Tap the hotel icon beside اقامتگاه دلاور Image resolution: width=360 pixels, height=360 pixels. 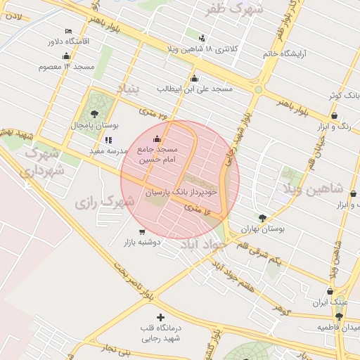[68, 32]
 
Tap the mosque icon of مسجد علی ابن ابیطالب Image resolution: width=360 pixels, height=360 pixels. [194, 79]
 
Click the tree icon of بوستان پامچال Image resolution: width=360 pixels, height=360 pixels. [94, 113]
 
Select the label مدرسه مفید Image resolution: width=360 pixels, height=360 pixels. [107, 150]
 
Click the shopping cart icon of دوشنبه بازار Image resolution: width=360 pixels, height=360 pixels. [142, 231]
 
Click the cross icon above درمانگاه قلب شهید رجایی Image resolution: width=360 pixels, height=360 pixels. [161, 318]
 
